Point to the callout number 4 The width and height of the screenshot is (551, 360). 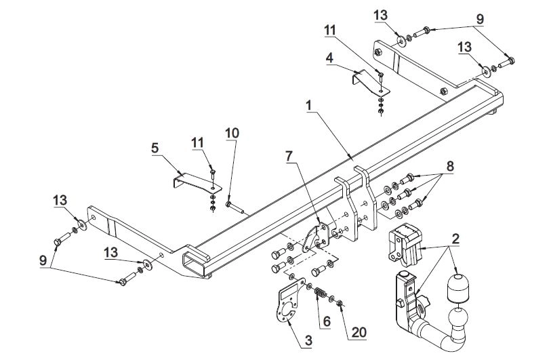coord(329,58)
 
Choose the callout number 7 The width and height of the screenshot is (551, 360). coord(289,156)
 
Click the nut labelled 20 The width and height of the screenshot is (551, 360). coord(339,302)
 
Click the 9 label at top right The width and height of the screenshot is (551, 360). coord(479,20)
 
